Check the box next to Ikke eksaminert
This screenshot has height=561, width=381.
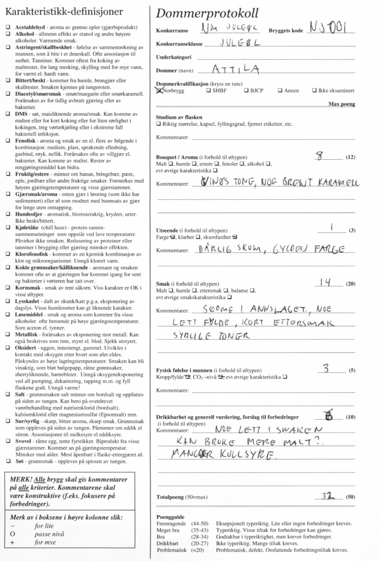pos(315,91)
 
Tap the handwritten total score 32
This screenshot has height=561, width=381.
pos(327,496)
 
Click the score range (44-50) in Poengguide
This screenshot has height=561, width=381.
pos(199,524)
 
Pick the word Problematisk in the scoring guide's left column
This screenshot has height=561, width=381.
pos(172,549)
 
